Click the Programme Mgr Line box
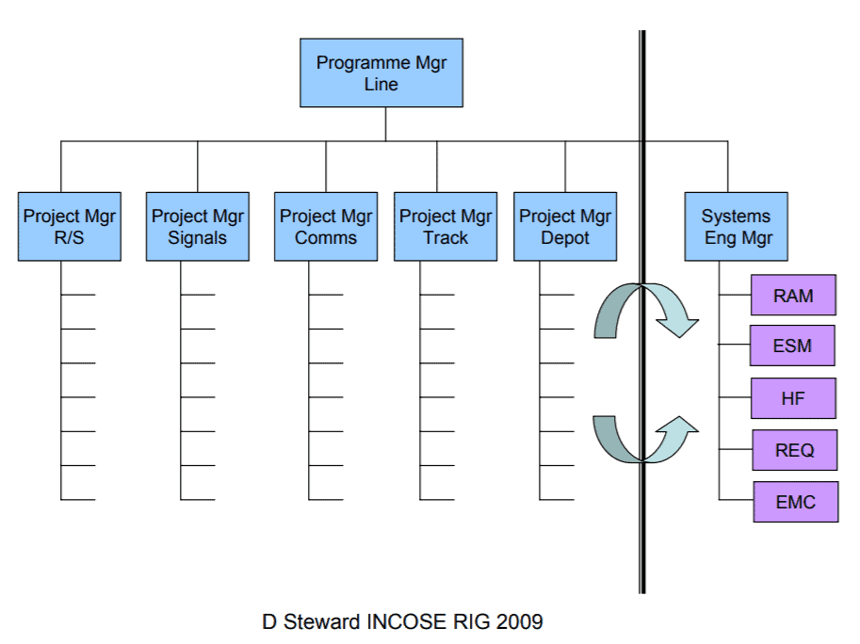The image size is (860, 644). pos(381,72)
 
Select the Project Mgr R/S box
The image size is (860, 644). pos(70,226)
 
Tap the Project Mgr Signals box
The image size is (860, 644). pos(198,226)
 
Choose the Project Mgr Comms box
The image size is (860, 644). pos(326,226)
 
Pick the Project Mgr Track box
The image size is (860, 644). pos(446,226)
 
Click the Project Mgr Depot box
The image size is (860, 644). pos(565,226)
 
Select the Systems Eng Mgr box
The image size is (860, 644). pos(736,226)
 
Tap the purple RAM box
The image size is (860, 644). pos(794,296)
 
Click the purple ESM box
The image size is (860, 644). pos(792,346)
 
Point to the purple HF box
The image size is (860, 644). pos(794,398)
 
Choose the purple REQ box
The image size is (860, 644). pos(795,451)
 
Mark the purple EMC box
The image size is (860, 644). pos(796,502)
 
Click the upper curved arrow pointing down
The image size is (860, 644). pos(641,286)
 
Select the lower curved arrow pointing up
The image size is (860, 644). pos(641,459)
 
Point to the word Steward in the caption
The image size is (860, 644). pos(321,622)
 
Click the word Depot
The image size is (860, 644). pos(565,238)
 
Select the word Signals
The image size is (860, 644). pos(198,238)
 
